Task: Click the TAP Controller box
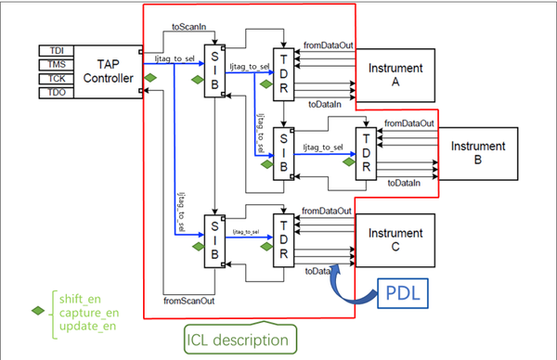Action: [x=105, y=69]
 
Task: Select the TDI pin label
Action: [x=54, y=48]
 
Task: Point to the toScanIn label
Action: [x=191, y=28]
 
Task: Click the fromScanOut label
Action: [x=190, y=300]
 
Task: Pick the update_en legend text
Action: [x=81, y=326]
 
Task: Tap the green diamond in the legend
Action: [x=36, y=311]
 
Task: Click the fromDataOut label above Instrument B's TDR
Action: [x=409, y=122]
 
